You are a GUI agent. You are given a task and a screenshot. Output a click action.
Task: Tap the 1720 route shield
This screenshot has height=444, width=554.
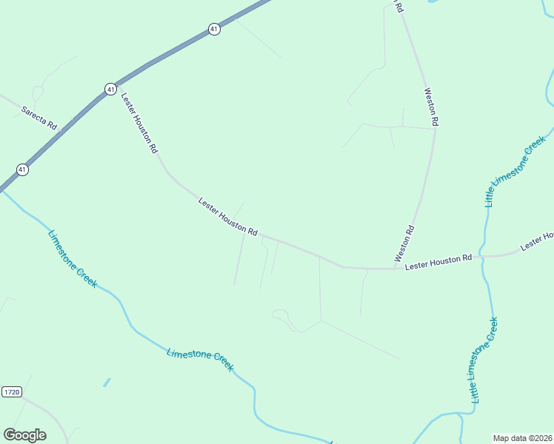coord(11,391)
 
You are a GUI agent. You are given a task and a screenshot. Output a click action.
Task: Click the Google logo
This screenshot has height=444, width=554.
coord(24,434)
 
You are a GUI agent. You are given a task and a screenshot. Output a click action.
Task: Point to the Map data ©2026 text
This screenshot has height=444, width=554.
coord(522,438)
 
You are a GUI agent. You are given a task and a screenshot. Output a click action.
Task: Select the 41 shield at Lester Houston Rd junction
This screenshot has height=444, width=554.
coord(110,89)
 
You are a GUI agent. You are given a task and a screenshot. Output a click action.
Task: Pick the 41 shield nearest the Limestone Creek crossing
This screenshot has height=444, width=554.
coord(23,169)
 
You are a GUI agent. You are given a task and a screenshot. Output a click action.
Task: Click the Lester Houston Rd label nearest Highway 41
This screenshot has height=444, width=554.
coord(139,122)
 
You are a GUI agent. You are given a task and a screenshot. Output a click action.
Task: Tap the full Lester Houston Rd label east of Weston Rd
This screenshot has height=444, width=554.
coord(438,261)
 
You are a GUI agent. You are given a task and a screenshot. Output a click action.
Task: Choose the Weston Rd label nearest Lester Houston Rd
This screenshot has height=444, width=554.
coord(405,244)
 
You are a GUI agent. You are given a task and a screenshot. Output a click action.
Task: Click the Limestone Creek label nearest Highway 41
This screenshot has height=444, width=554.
coord(72,258)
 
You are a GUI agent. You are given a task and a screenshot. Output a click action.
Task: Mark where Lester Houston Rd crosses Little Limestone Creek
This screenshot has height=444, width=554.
coord(482,258)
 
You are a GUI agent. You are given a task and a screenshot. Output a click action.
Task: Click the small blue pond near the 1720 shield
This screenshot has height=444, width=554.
coord(107,383)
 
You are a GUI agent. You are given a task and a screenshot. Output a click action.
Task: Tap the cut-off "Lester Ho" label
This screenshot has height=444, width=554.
coord(537,240)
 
